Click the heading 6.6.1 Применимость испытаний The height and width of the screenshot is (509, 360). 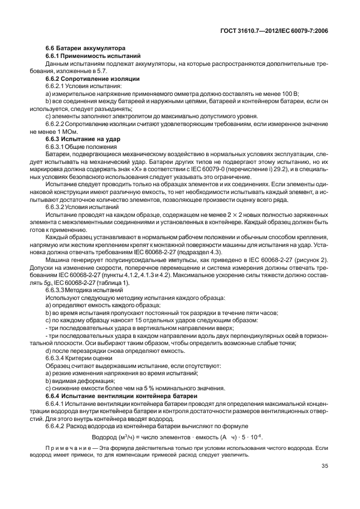click(92, 56)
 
